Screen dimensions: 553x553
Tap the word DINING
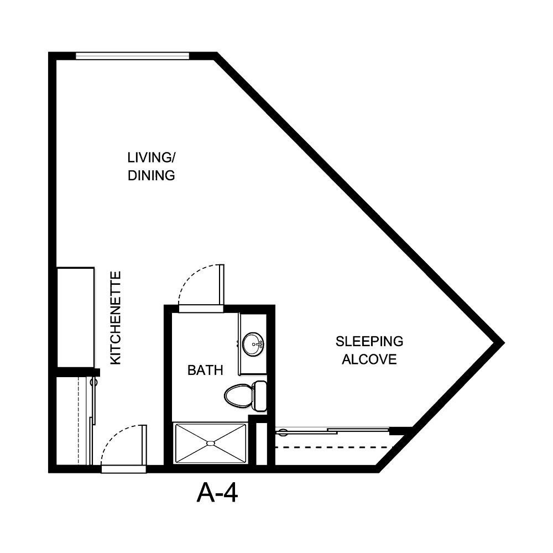(152, 176)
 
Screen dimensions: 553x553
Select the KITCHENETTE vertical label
(116, 317)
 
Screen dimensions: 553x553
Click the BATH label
(205, 370)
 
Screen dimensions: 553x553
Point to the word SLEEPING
(369, 341)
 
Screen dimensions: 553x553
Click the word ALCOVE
(369, 359)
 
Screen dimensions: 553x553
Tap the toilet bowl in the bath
(238, 395)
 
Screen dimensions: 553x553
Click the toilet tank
(259, 395)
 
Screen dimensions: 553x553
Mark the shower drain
(210, 443)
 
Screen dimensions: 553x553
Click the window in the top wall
(132, 55)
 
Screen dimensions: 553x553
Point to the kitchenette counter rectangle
(76, 316)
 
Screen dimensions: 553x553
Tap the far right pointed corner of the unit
(501, 342)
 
